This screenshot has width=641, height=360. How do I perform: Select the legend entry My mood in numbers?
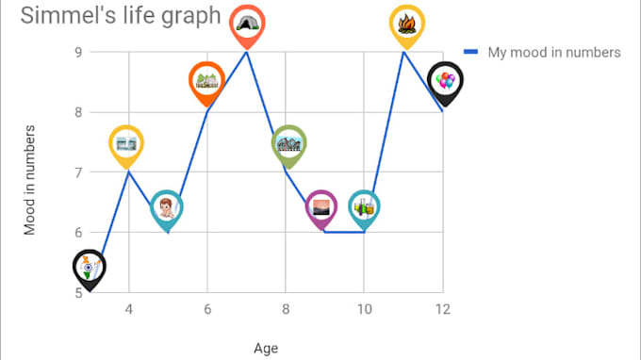[553, 52]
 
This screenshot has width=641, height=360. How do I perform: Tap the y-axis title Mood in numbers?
[31, 179]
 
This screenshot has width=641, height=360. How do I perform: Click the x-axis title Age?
[266, 349]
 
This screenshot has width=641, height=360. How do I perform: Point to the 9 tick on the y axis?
[78, 52]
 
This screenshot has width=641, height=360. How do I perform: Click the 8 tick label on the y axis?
[78, 112]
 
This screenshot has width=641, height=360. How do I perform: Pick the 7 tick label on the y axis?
[78, 172]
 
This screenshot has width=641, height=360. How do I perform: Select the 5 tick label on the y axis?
[78, 292]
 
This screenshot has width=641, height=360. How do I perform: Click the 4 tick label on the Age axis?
[128, 309]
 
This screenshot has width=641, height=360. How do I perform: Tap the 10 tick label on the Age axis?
[363, 309]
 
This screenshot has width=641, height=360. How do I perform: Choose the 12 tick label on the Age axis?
[441, 309]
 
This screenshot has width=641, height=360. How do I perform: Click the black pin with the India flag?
[89, 268]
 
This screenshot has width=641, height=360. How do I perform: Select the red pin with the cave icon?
[247, 24]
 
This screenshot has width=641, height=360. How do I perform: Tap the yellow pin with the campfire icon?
[407, 24]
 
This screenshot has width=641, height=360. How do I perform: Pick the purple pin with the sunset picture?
[321, 207]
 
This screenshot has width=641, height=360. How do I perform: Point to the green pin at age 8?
[289, 143]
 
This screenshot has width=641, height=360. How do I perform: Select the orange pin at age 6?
[206, 81]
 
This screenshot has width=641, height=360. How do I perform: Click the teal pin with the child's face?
[167, 207]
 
